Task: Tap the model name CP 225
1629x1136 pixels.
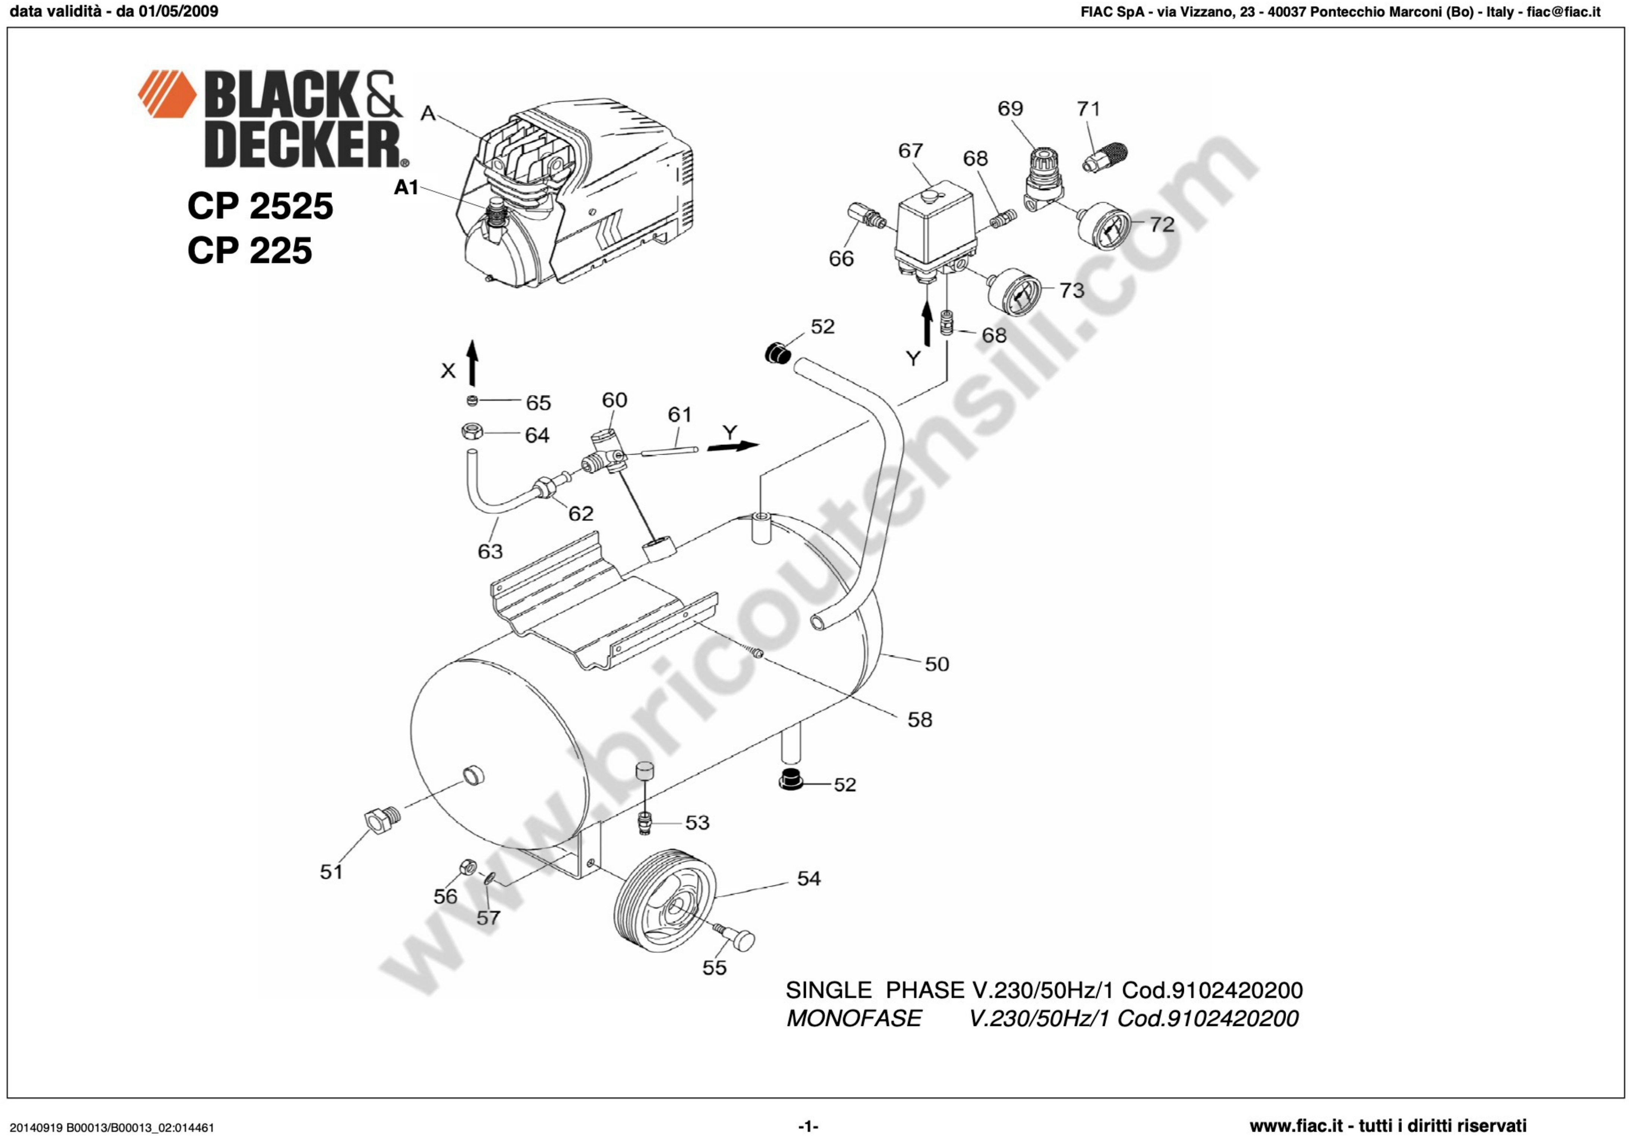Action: pos(250,250)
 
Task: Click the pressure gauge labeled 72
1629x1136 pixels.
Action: pos(1102,225)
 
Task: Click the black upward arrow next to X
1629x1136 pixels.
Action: pos(472,363)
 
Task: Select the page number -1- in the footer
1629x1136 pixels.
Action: pos(808,1126)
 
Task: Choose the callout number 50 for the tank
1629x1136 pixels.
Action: pos(936,664)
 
